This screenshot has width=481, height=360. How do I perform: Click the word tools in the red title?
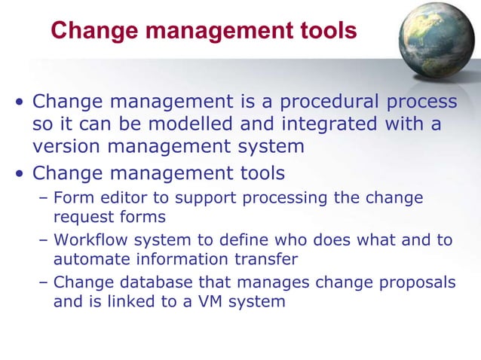(x=323, y=31)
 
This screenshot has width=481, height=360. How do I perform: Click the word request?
(x=79, y=218)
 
